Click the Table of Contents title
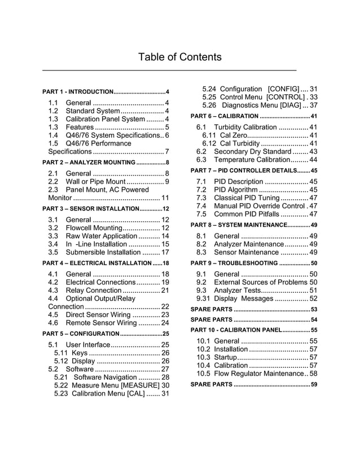[x=179, y=58]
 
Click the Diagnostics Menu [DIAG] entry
[x=257, y=105]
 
